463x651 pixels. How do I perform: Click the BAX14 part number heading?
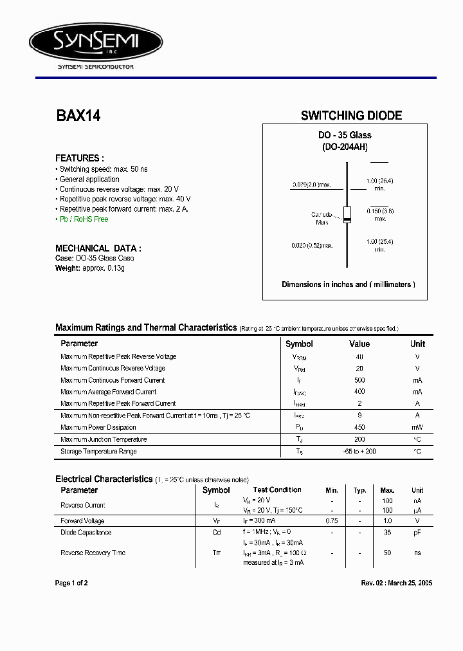[78, 116]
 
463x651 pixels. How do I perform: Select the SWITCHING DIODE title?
[351, 116]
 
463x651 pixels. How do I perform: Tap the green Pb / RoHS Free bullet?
[84, 219]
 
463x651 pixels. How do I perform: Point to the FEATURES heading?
[79, 158]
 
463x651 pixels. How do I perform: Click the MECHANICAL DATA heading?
[98, 248]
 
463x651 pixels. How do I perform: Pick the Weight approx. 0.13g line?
[90, 268]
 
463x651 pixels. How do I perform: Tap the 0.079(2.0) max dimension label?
[311, 185]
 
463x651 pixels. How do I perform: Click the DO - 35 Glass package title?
[345, 135]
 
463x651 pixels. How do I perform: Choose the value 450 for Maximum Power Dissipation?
[359, 428]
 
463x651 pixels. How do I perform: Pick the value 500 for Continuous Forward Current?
[359, 380]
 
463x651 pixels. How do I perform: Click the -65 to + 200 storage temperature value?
[359, 452]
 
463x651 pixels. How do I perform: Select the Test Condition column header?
[277, 490]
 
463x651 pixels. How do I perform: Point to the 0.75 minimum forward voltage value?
[331, 521]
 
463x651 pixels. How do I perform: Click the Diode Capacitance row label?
[86, 533]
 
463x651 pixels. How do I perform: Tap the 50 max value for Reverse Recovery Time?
[388, 553]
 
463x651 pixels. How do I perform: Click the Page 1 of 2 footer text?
[71, 583]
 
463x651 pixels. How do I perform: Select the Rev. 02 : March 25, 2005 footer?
[396, 583]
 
